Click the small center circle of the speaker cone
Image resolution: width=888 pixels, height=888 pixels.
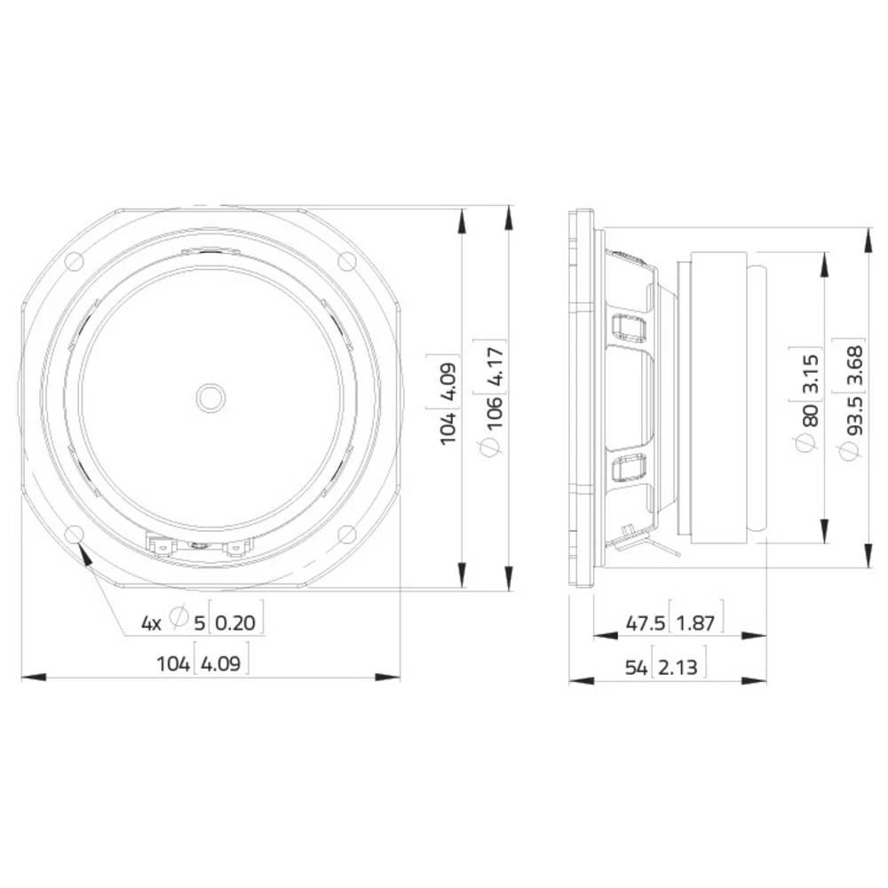tap(210, 397)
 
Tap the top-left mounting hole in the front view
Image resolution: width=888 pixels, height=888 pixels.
tap(73, 261)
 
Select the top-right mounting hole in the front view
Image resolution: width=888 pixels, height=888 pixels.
tap(347, 261)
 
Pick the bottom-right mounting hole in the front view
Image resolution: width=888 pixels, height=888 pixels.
tap(347, 534)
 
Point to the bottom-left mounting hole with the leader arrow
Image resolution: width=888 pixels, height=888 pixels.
tap(73, 534)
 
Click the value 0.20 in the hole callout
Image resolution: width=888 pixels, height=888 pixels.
tap(235, 622)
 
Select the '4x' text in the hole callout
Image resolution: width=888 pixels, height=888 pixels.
tap(151, 622)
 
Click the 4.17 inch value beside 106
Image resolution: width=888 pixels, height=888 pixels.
tap(496, 367)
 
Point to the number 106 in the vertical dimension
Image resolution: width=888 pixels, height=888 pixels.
tap(496, 414)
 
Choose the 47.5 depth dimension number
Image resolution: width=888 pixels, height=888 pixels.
tap(645, 623)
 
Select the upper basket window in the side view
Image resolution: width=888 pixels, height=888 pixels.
tap(629, 328)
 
